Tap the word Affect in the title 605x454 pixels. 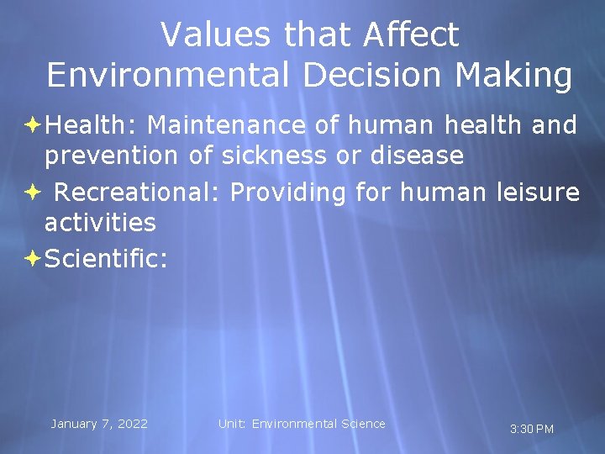click(412, 35)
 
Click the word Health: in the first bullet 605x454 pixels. click(92, 126)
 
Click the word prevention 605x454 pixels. click(111, 156)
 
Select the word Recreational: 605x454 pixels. click(136, 193)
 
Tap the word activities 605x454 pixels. click(100, 223)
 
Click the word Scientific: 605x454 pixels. click(106, 259)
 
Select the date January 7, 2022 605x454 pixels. click(99, 424)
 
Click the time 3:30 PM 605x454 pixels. click(532, 430)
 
